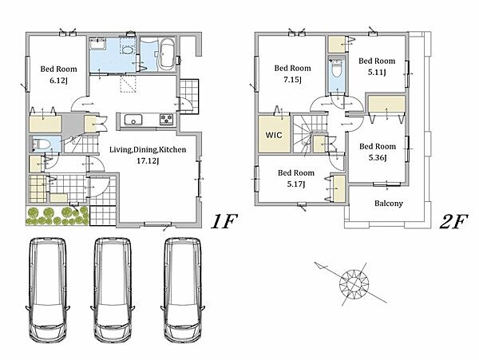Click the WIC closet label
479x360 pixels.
point(274,135)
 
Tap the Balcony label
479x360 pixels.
point(389,204)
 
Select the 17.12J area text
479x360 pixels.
point(148,161)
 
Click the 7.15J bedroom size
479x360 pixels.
point(292,80)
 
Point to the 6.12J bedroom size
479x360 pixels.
point(58,81)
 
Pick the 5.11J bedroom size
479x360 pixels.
point(377,73)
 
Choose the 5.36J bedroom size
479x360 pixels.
point(378,158)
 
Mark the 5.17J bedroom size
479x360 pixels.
point(296,184)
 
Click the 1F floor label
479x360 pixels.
point(224,221)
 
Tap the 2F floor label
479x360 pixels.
point(453,221)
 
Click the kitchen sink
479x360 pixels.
point(133,120)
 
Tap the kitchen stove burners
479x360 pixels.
point(166,119)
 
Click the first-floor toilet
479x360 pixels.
point(42,144)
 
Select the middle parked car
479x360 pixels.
point(113,291)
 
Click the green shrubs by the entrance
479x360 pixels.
point(57,216)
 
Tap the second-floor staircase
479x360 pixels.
point(310,133)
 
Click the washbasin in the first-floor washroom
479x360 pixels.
point(97,44)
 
